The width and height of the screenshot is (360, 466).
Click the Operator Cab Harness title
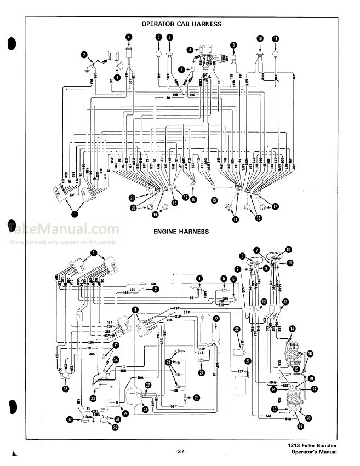click(181, 24)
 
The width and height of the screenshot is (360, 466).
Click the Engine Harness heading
click(181, 232)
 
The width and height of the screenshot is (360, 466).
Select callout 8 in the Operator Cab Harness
click(190, 49)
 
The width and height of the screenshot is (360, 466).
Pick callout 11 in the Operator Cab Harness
click(275, 38)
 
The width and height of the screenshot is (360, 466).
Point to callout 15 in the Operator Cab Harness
click(214, 200)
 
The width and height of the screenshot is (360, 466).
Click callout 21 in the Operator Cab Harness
click(132, 198)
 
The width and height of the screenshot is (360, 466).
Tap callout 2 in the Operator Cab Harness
click(84, 55)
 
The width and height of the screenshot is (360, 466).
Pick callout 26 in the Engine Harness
click(197, 398)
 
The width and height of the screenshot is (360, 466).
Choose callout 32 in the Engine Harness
click(70, 420)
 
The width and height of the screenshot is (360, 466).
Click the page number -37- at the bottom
click(181, 452)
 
